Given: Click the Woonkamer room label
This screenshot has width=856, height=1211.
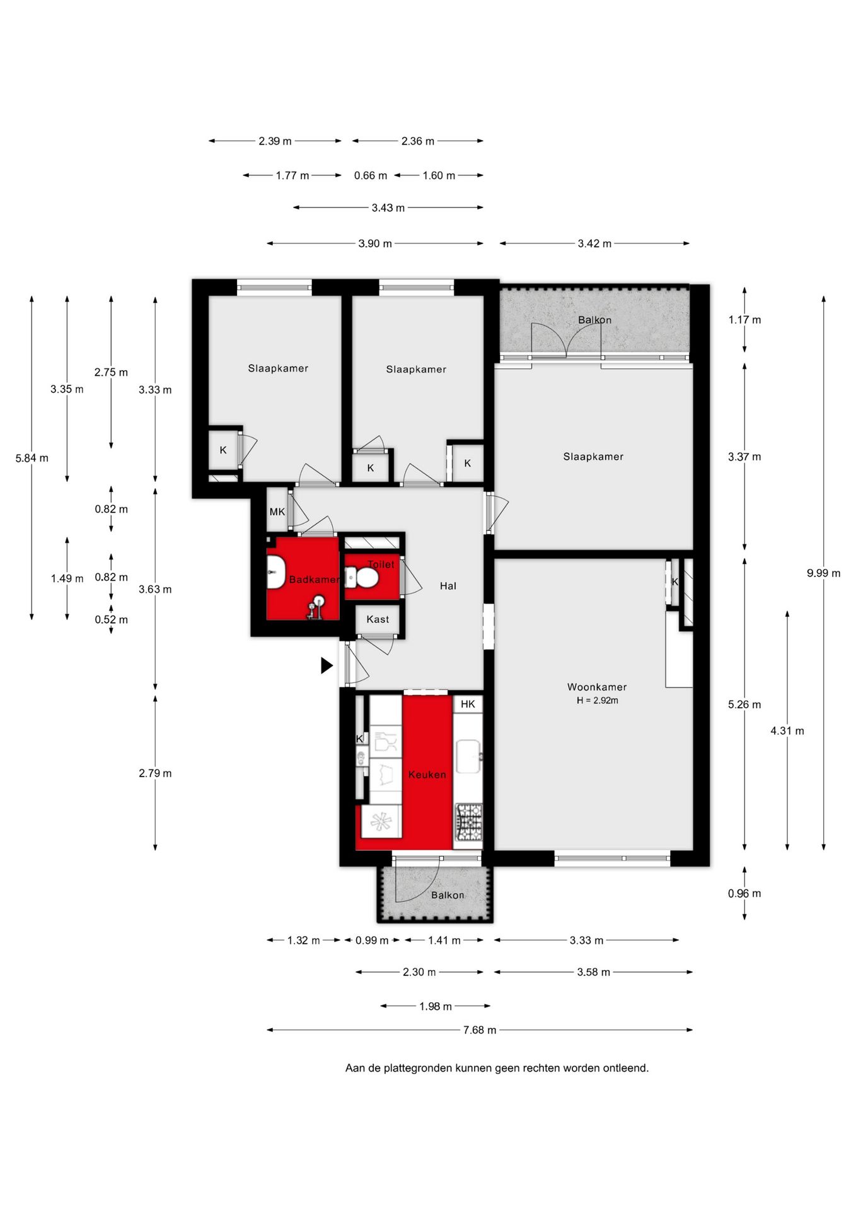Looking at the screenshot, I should click(596, 687).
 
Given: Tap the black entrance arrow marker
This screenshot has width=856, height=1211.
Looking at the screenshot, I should click(326, 665).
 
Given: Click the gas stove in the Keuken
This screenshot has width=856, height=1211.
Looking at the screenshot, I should click(468, 821).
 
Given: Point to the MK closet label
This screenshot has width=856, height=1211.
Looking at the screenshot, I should click(277, 512).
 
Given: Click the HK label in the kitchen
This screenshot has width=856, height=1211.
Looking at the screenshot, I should click(468, 704).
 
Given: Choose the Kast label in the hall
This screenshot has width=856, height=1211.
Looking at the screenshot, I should click(378, 619).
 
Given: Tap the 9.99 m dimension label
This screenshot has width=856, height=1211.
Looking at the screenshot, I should click(823, 573).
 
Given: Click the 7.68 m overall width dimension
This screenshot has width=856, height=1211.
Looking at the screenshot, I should click(479, 1030).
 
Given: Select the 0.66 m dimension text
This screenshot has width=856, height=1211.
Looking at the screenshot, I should click(370, 175).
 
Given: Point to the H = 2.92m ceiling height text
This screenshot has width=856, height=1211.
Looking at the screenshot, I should click(597, 701).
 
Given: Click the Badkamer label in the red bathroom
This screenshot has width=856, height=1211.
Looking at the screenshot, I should click(313, 579).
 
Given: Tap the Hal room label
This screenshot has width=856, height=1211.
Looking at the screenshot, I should click(448, 586).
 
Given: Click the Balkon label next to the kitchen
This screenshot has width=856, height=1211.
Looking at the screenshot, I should click(448, 895).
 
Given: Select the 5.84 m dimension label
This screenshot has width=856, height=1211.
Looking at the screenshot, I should click(32, 459).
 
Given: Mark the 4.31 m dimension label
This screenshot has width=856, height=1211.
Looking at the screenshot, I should click(787, 731).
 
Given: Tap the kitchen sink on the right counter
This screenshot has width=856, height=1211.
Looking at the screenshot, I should click(468, 756).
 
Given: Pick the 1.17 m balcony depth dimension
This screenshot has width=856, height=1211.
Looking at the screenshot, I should click(744, 320).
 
